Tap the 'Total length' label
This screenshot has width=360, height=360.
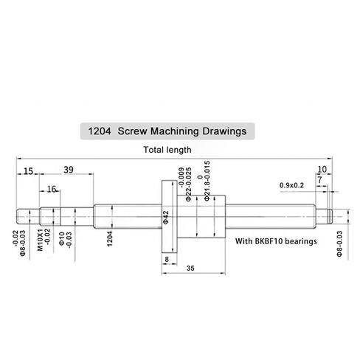(x=167, y=150)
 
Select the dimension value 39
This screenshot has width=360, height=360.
(x=68, y=170)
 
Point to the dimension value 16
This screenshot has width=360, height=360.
(x=52, y=189)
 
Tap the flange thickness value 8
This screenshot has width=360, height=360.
(x=167, y=260)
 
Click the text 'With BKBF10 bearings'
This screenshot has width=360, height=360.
(x=275, y=241)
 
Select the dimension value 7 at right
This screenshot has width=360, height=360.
(x=319, y=179)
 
